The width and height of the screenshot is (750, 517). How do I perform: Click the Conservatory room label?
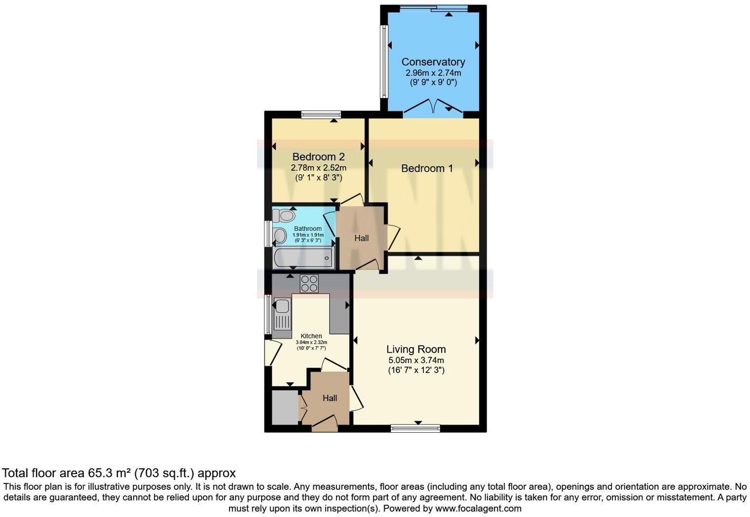click(x=433, y=62)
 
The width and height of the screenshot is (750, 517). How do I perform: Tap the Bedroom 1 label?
click(x=427, y=168)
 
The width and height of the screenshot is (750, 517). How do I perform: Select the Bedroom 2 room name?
click(x=318, y=156)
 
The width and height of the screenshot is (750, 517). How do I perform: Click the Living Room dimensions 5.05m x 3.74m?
click(x=416, y=360)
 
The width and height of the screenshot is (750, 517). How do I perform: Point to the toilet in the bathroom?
click(x=284, y=215)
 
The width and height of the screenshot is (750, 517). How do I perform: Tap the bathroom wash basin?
click(x=280, y=236)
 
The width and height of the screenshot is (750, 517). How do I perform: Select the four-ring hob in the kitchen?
click(x=309, y=283)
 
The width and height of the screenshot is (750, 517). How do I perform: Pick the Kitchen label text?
click(x=311, y=336)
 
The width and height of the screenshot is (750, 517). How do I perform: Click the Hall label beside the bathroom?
click(x=361, y=238)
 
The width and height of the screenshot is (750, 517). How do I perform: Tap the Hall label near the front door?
click(x=330, y=398)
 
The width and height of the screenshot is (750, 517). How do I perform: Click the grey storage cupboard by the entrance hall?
click(x=285, y=407)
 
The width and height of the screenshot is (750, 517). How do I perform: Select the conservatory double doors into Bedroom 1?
click(x=433, y=108)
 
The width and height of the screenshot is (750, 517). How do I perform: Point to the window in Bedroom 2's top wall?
click(x=321, y=115)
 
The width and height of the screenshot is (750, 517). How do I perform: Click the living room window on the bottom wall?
click(x=415, y=428)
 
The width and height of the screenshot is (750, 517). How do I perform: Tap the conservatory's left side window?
click(x=383, y=61)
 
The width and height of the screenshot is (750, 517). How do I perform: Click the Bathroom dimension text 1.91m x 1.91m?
click(x=308, y=235)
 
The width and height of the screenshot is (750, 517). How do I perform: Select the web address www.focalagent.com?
click(x=478, y=508)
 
